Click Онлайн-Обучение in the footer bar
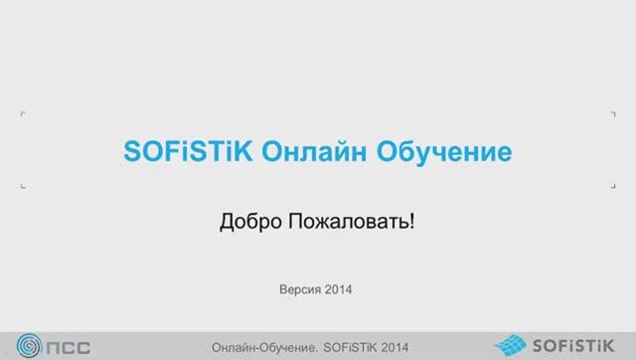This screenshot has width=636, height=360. point(266,347)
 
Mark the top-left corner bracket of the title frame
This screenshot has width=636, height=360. point(23,115)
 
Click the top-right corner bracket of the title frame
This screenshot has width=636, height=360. point(612,115)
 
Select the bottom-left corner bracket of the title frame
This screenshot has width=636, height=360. point(23,186)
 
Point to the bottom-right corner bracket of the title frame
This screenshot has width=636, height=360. point(612,186)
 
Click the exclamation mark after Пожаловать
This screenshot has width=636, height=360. point(410,221)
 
